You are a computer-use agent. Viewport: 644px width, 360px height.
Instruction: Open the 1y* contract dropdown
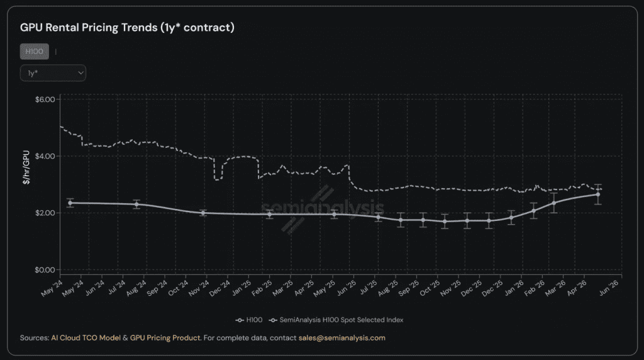[53, 73]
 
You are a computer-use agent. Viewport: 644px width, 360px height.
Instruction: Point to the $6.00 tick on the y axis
[45, 99]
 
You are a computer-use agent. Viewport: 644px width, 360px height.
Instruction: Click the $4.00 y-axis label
[45, 156]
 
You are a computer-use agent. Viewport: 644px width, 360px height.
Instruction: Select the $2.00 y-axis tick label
[45, 213]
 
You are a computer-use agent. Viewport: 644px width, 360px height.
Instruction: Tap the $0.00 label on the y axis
[45, 270]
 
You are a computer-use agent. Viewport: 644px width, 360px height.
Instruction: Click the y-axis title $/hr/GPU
[26, 167]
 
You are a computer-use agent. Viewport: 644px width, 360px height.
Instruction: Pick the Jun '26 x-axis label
[609, 288]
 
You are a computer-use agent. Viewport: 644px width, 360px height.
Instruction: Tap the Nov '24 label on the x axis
[199, 288]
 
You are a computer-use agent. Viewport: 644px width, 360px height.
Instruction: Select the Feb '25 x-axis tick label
[262, 288]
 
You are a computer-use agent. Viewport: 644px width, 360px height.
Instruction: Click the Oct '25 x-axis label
[430, 288]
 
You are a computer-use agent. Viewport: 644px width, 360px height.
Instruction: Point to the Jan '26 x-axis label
[514, 288]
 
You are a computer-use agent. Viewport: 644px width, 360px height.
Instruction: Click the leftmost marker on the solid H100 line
[70, 203]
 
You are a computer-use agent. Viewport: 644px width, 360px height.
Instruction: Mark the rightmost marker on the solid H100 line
[598, 195]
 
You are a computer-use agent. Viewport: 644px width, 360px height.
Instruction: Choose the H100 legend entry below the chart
[249, 320]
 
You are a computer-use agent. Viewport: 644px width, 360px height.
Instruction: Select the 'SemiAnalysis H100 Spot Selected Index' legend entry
[336, 320]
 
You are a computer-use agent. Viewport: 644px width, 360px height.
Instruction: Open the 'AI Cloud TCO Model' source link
[86, 338]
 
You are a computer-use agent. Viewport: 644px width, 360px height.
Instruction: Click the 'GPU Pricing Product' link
[165, 338]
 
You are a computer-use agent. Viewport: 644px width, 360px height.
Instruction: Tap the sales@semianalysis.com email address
[342, 338]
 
